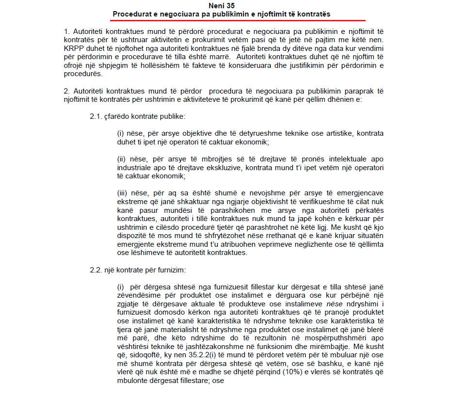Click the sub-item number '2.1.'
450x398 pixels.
[x=96, y=116]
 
